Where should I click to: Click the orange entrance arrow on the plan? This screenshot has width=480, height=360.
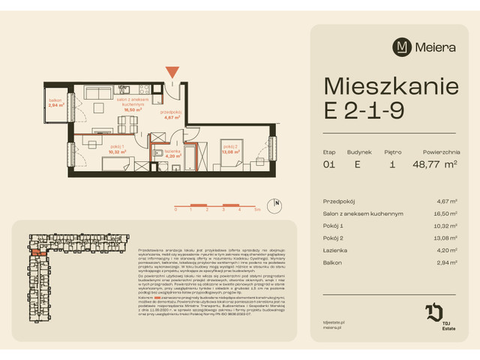click(x=173, y=72)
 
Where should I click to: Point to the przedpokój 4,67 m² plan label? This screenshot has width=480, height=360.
click(x=172, y=115)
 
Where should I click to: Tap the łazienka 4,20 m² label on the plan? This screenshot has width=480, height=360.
click(x=174, y=154)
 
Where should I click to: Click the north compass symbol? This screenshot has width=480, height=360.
click(x=277, y=202)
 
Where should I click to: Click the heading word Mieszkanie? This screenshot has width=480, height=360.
click(x=390, y=85)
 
